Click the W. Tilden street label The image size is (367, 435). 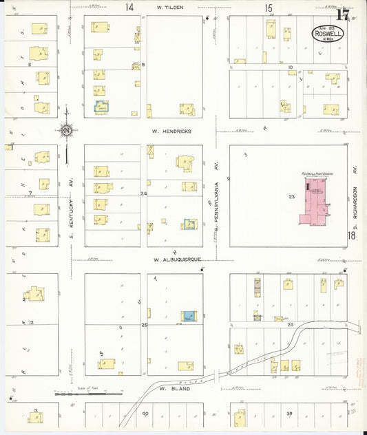pos(168,7)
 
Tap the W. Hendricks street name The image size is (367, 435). pos(173,130)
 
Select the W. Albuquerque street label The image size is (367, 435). pos(177,259)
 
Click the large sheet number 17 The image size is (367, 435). pos(342,12)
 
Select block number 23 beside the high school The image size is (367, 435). pos(291,198)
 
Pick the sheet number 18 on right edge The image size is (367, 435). pos(352,236)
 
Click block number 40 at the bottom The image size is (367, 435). pos(145,413)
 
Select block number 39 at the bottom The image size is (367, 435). pos(289,413)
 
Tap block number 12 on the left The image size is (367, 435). pos(31,322)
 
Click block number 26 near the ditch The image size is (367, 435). pos(290,324)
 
